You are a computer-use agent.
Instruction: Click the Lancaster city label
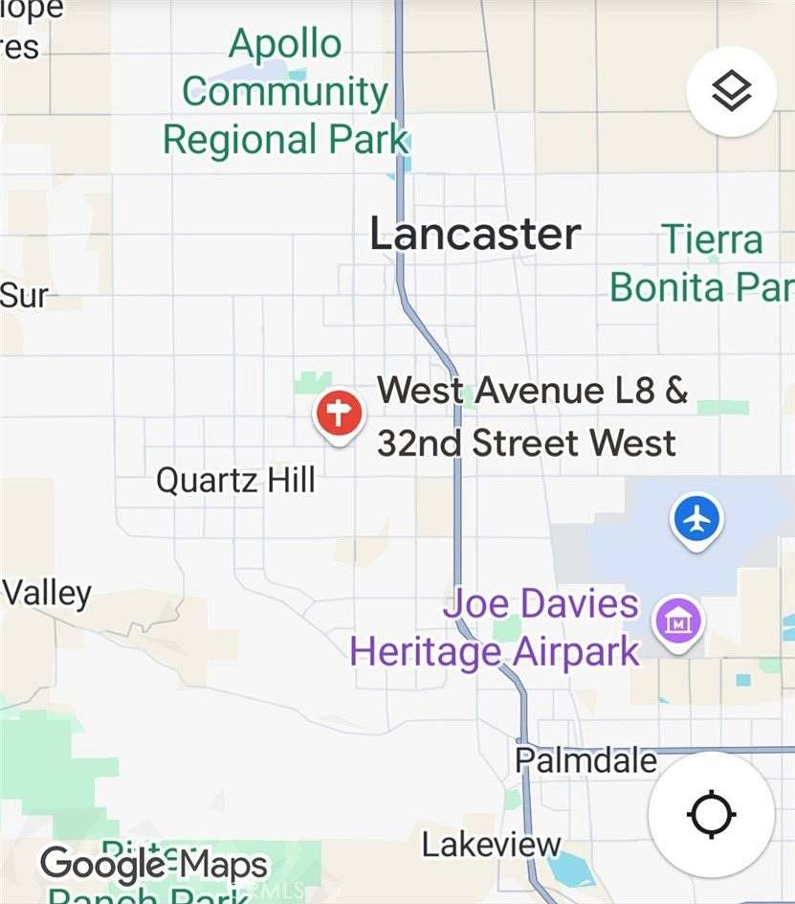475,234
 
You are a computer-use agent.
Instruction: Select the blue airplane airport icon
698,520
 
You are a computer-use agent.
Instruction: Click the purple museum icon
677,623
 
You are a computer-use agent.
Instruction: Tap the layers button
732,92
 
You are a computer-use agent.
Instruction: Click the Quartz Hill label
235,479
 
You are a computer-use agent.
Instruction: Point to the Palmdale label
586,760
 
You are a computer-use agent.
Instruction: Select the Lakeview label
492,845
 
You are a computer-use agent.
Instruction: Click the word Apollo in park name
285,44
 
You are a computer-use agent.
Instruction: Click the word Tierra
713,239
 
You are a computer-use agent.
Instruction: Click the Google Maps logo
153,865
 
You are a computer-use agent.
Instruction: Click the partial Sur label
23,295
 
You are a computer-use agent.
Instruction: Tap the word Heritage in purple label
425,651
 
